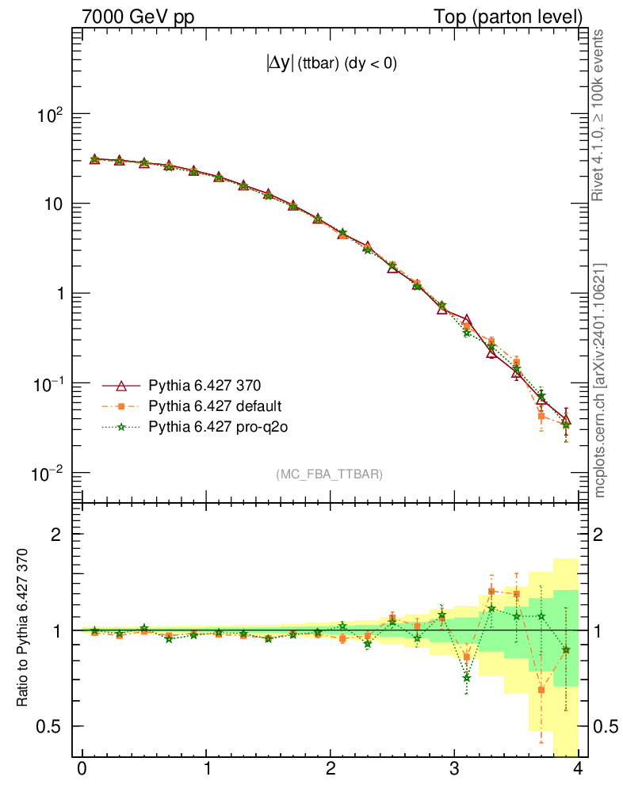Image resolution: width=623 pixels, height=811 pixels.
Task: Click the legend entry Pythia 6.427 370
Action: click(204, 386)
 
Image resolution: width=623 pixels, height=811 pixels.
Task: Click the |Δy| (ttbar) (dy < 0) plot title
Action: click(331, 65)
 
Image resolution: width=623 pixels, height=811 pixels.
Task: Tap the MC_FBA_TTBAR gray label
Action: click(330, 474)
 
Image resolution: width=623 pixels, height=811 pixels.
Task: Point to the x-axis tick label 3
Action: click(454, 769)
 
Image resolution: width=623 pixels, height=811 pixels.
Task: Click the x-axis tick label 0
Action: click(82, 769)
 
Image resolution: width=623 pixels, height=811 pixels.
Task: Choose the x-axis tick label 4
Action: click(579, 769)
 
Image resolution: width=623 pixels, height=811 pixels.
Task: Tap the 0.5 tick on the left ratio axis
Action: click(49, 726)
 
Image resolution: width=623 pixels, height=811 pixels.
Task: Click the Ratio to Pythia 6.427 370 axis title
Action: click(24, 627)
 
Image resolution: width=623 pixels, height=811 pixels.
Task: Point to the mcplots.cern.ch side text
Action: click(600, 381)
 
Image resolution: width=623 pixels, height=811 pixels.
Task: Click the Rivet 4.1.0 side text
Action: click(600, 116)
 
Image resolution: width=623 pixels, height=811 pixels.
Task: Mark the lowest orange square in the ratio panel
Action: click(541, 690)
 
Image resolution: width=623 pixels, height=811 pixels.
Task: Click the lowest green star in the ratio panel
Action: click(467, 678)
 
